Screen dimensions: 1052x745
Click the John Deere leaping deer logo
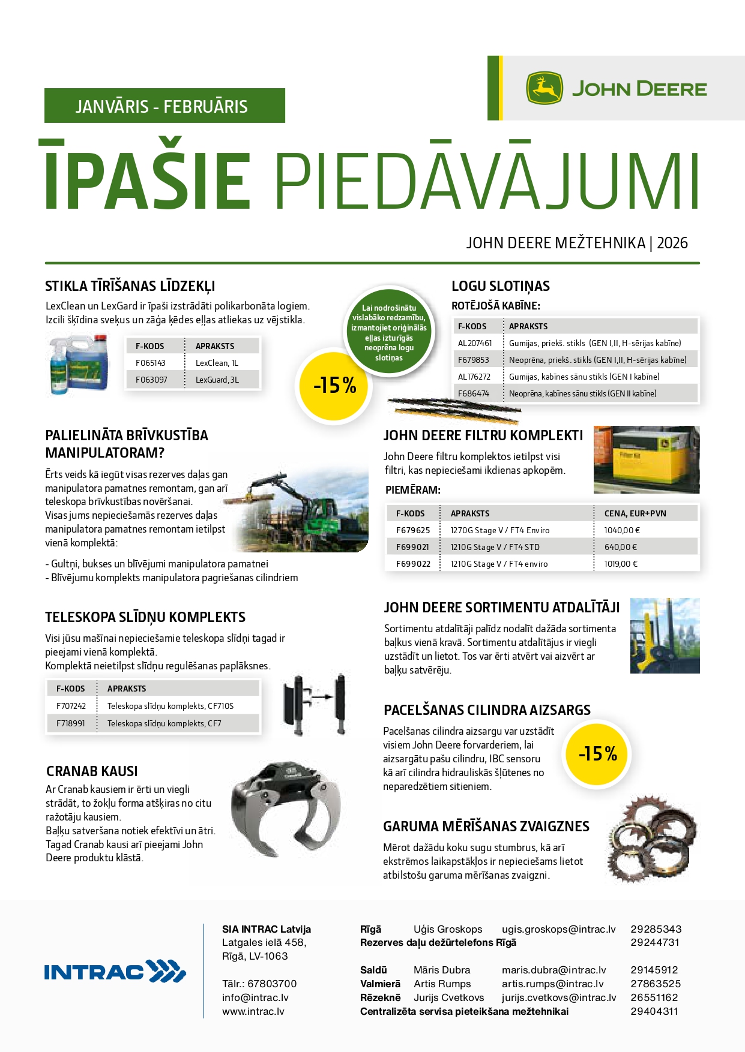tap(544, 89)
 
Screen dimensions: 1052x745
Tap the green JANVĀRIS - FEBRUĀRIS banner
tap(164, 106)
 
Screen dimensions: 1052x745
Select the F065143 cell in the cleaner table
tap(151, 363)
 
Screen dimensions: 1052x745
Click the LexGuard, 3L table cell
tap(217, 380)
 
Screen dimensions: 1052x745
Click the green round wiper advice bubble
tap(389, 332)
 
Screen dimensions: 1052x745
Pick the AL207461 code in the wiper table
tap(475, 343)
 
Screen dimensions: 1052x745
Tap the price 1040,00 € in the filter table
tap(622, 530)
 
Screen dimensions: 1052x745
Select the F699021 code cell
tap(413, 547)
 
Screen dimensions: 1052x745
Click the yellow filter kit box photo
tap(646, 459)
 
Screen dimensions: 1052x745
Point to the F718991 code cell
tap(71, 723)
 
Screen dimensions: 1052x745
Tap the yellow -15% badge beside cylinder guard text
tap(598, 754)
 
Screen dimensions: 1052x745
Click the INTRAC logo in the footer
tap(115, 972)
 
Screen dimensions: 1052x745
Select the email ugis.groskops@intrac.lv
tap(558, 929)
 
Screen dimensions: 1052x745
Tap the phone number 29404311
tap(654, 1011)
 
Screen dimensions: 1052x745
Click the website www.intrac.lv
tap(253, 1011)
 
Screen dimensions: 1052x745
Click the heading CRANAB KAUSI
tap(92, 771)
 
